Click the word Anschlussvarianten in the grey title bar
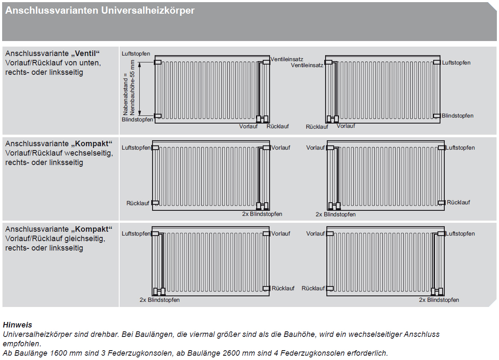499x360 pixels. tap(52, 11)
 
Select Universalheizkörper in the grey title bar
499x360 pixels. tap(148, 11)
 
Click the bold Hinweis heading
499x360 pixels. tap(17, 325)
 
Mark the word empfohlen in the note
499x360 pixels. tap(21, 343)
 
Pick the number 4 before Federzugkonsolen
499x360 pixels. tap(276, 353)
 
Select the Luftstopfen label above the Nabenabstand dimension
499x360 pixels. tap(136, 54)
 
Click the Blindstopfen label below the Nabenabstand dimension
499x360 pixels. tap(137, 120)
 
